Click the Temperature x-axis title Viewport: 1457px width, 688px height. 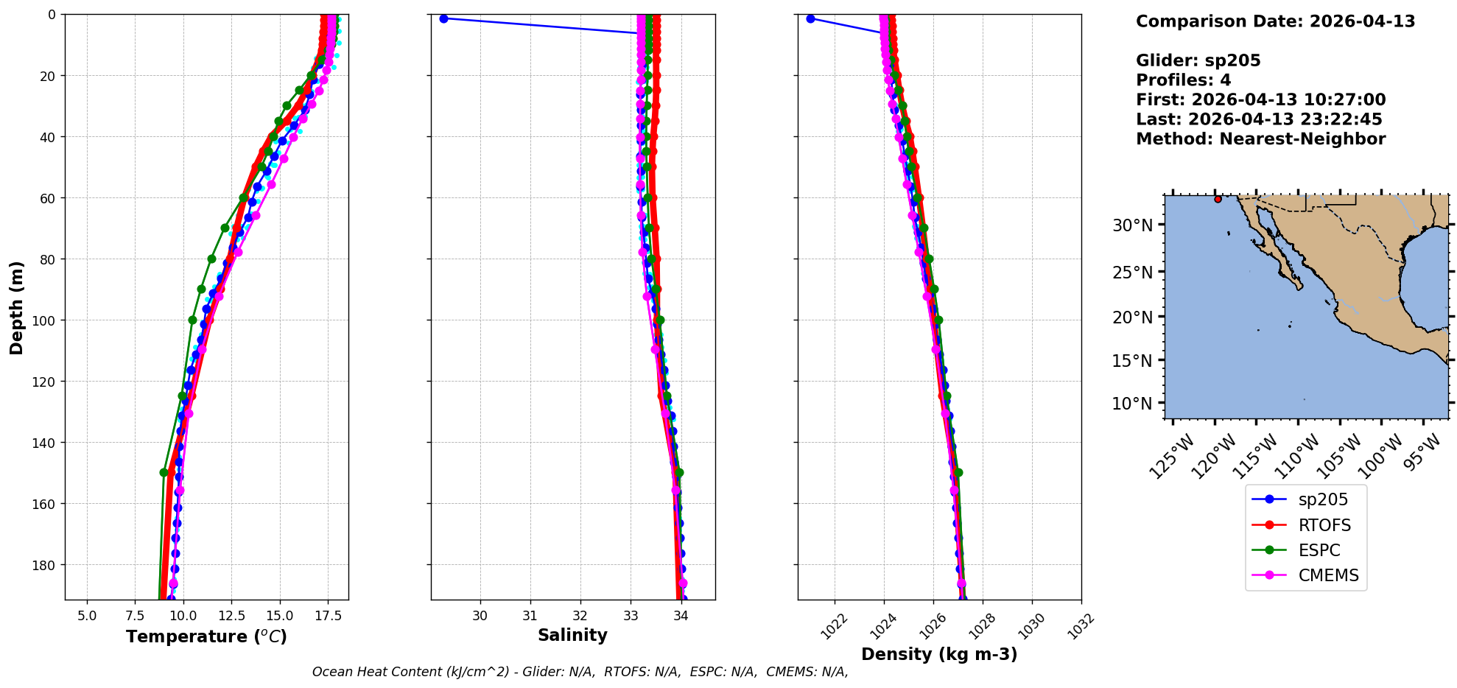206,636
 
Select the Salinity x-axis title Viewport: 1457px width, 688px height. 572,635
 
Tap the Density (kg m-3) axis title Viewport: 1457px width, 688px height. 939,654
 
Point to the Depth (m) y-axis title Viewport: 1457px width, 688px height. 16,307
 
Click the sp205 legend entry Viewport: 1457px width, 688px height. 1323,499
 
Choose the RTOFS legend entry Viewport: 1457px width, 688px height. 1324,525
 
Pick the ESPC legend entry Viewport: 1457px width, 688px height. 1319,550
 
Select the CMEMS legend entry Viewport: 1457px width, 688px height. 1328,575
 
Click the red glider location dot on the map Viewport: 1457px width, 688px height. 1218,199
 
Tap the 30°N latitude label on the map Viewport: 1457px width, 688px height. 1132,225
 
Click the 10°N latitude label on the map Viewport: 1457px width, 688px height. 1132,404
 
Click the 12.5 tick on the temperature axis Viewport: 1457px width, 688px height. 231,616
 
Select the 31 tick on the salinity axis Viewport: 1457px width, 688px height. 530,616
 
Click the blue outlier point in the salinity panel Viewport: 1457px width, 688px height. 443,18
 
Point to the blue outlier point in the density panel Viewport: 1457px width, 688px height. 810,18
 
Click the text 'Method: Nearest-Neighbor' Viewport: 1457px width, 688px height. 1260,139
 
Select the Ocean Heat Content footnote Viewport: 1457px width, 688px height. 580,672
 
